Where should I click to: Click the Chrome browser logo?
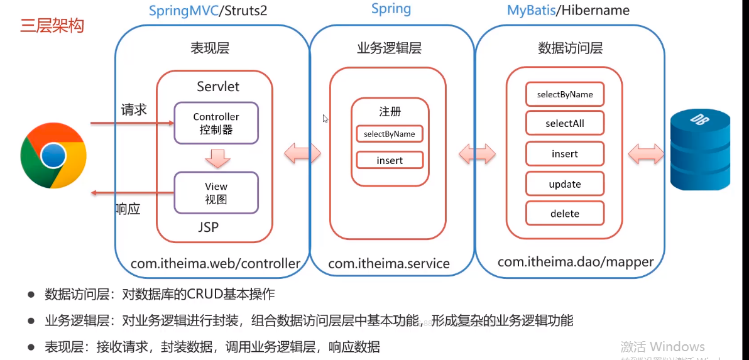(x=53, y=155)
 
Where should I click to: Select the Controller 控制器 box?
(x=216, y=123)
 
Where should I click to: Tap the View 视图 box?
(x=216, y=192)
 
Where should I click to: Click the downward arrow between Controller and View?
(x=216, y=158)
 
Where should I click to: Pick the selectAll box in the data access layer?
(x=565, y=123)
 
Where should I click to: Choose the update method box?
(x=565, y=184)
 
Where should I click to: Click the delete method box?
(x=565, y=214)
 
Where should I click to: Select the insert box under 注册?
(x=390, y=160)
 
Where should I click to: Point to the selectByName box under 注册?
(x=390, y=134)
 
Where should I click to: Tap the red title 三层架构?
(x=52, y=26)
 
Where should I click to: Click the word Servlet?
(x=218, y=86)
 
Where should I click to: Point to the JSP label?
(x=208, y=227)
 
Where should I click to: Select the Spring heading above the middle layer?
(x=391, y=9)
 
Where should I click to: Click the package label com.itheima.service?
(x=389, y=264)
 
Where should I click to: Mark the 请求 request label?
(x=134, y=109)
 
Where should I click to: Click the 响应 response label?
(x=128, y=209)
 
